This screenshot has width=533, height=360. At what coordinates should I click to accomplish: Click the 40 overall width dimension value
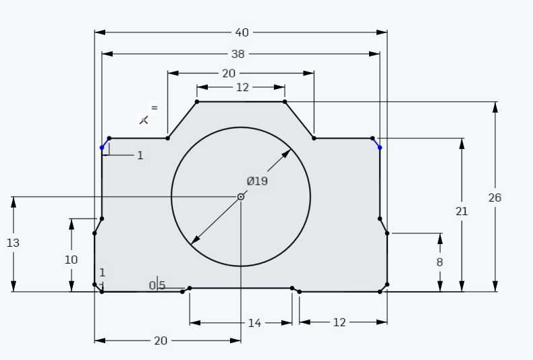(242, 32)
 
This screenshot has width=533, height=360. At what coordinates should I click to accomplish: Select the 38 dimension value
(238, 54)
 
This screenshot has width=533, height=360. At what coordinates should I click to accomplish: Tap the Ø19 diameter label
(257, 181)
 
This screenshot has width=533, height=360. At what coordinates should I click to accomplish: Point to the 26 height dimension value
(495, 198)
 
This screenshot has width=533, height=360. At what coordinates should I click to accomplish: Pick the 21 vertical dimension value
(461, 212)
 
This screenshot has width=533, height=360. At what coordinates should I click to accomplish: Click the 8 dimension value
(439, 262)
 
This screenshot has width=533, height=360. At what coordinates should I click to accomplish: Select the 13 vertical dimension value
(13, 243)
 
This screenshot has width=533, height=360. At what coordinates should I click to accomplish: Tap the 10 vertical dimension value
(71, 260)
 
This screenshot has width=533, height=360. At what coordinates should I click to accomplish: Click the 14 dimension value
(254, 323)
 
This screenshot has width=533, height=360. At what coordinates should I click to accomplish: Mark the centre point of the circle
(241, 197)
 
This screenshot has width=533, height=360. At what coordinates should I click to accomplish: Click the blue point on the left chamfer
(102, 148)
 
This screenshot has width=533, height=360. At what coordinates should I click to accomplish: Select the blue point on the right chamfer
(380, 148)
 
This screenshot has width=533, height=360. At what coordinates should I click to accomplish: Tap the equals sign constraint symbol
(155, 108)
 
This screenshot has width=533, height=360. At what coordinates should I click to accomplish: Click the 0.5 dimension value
(157, 286)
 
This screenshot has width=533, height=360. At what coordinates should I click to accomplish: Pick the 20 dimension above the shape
(229, 73)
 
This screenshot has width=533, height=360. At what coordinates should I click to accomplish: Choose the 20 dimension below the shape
(161, 340)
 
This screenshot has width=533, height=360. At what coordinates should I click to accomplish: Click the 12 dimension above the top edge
(242, 87)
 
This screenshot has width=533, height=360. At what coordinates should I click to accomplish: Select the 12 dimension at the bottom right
(339, 322)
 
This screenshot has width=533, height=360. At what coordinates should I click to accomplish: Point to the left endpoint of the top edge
(197, 102)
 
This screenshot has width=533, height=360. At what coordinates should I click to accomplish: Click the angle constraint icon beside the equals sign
(144, 120)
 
